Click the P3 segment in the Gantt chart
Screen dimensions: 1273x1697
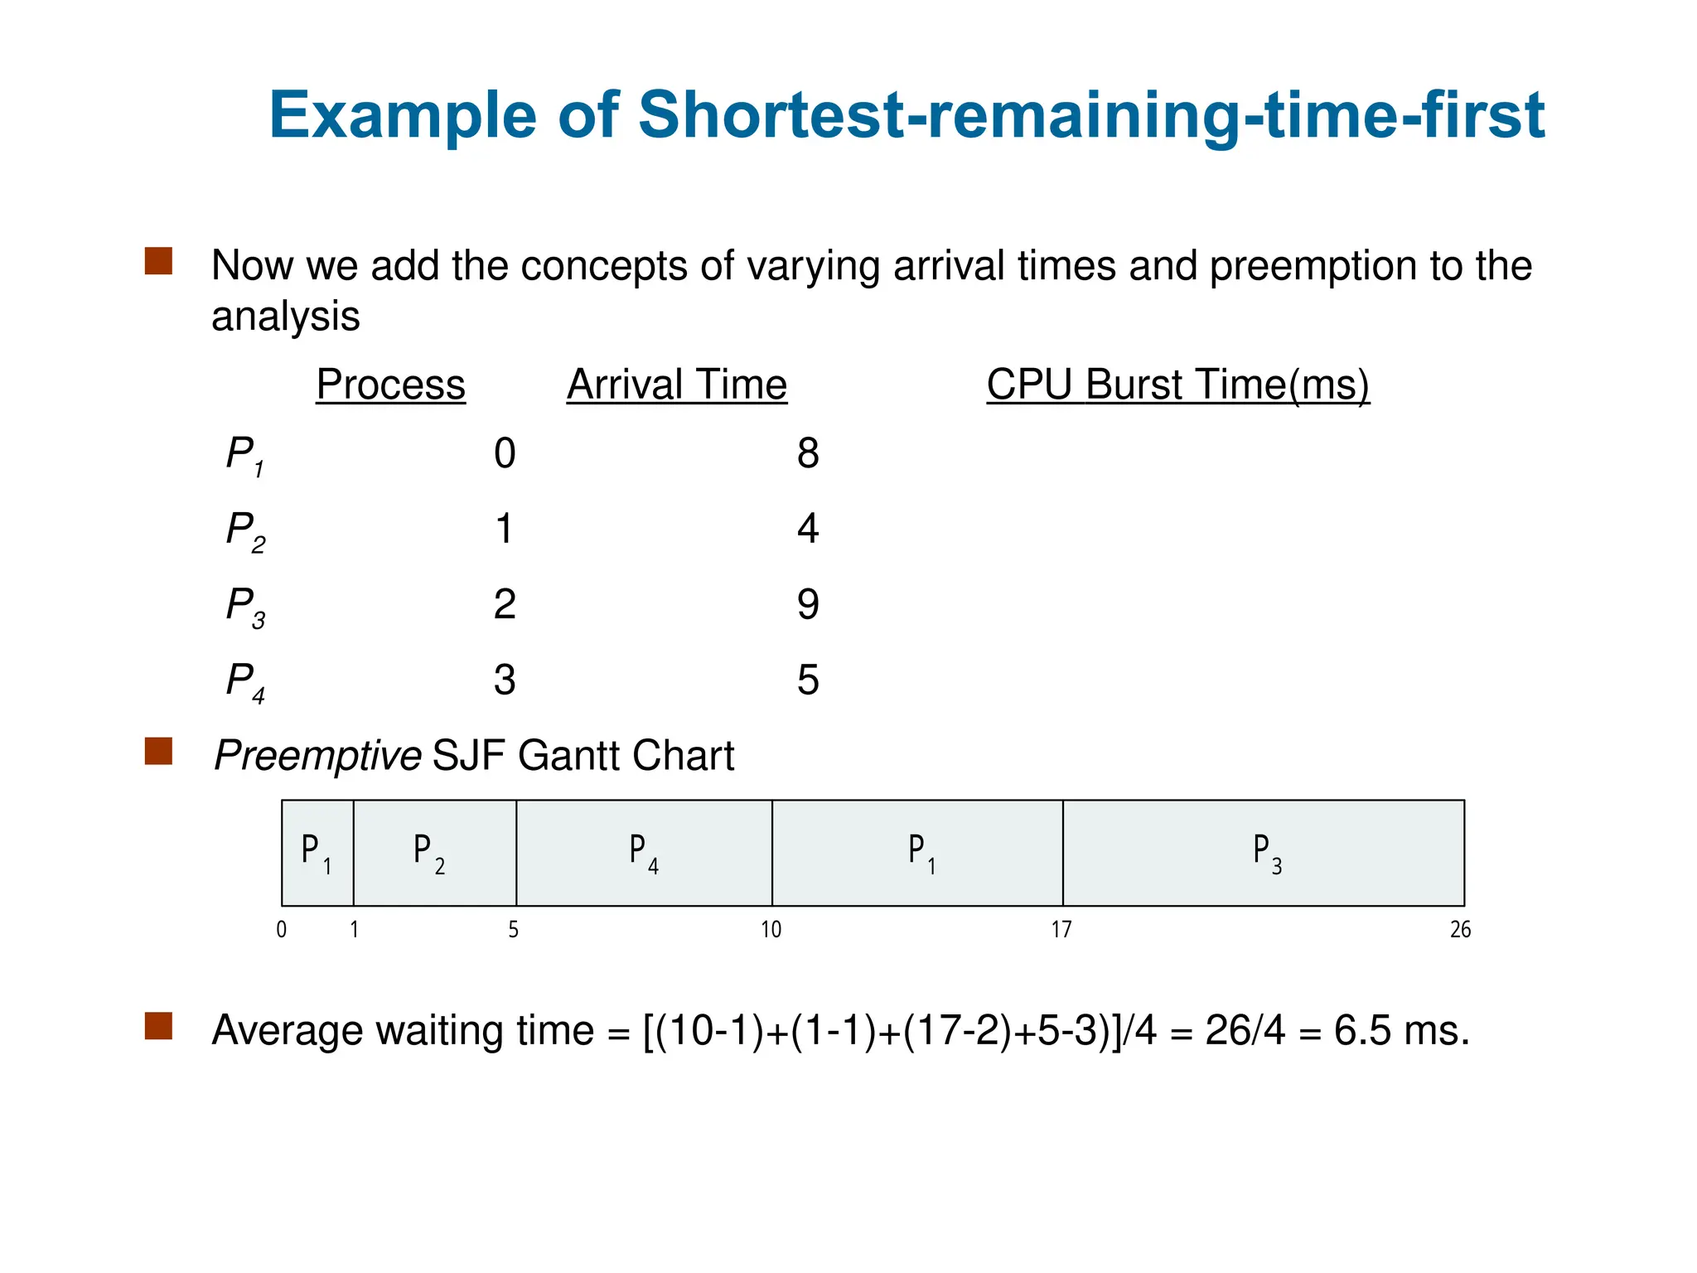pos(1264,853)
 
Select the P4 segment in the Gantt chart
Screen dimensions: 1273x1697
pos(644,853)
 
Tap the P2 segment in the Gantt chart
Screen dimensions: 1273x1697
pos(434,853)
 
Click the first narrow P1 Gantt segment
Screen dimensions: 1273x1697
pos(317,853)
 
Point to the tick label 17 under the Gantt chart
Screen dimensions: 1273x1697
pos(1061,930)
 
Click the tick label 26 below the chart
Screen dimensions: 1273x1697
pos(1460,930)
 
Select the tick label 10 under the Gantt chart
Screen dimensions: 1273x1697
pos(771,930)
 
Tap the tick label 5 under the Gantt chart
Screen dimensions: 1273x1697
pos(513,930)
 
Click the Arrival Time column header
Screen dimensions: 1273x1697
pos(676,385)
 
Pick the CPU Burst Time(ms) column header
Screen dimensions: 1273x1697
pos(1177,385)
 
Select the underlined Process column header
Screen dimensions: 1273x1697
pos(390,385)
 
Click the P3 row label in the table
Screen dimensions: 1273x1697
pos(245,607)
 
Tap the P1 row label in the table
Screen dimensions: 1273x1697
pos(245,456)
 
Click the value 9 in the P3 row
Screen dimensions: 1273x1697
pos(808,604)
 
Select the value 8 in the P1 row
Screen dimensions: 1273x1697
pos(808,453)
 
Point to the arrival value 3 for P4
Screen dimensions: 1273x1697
pos(505,680)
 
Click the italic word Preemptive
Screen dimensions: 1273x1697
pos(317,756)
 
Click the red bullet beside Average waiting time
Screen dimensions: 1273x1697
pos(158,1025)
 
